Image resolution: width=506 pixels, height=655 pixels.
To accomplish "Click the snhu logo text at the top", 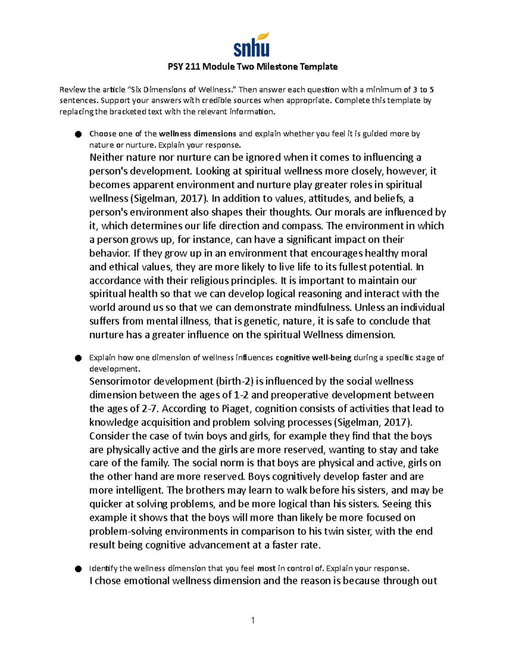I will pos(251,49).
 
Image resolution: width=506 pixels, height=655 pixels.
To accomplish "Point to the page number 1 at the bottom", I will pos(253,620).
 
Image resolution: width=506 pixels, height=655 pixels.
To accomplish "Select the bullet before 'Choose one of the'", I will pos(78,134).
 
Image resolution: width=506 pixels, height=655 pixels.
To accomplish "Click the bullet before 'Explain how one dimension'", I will pos(78,358).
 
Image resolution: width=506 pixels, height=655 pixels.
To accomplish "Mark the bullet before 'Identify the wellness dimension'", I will pos(78,569).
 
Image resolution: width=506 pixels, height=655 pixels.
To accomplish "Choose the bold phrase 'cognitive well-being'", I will pos(313,358).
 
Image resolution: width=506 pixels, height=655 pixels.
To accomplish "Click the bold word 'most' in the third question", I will pos(266,568).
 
